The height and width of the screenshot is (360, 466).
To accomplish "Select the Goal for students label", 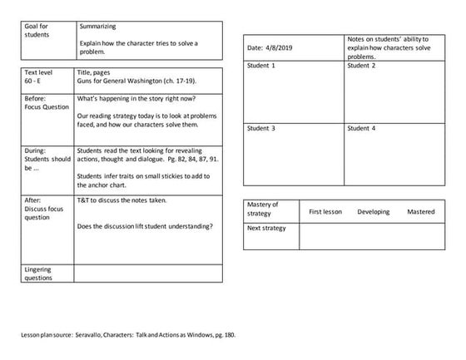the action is coord(37,32).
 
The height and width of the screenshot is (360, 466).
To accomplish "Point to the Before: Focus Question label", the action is coord(42,103).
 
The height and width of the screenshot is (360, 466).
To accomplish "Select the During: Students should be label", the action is coord(46,158).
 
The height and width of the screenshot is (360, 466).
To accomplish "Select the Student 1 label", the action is coord(261,65).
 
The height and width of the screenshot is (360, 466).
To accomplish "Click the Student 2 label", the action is coord(361,65).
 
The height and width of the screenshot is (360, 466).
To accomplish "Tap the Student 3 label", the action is coord(261,129).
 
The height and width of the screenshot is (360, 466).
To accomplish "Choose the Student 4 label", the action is coord(361,129).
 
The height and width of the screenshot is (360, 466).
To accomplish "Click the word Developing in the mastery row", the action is coord(373,212).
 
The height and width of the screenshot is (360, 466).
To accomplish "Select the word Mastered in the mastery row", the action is coord(420,212).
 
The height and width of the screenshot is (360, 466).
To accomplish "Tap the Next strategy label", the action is coord(266,228).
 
